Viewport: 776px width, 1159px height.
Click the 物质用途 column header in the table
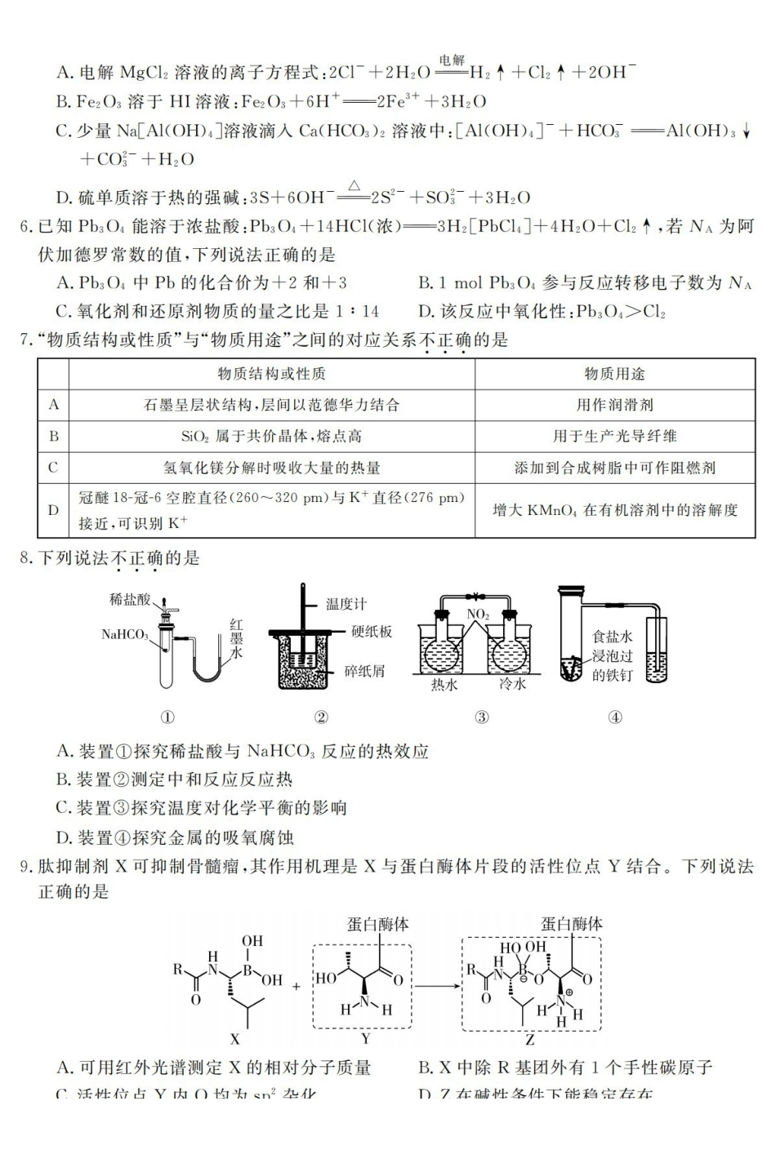tap(614, 374)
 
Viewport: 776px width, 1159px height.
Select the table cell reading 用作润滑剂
tap(614, 405)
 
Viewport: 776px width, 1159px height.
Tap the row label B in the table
tap(54, 436)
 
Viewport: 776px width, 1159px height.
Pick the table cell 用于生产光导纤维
tap(614, 436)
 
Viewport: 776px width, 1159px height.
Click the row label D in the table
tap(54, 509)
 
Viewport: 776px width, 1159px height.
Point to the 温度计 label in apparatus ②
tap(346, 604)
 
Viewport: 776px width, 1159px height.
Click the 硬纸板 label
tap(372, 631)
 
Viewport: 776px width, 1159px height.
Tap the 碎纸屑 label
tap(363, 671)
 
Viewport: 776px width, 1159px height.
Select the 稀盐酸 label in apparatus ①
tap(130, 600)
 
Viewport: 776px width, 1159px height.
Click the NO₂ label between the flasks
tap(478, 614)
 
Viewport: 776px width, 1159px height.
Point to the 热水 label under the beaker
tap(444, 686)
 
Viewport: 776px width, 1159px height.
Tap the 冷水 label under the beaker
tap(512, 686)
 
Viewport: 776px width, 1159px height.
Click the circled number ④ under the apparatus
tap(615, 717)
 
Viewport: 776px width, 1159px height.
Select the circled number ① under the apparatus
tap(167, 717)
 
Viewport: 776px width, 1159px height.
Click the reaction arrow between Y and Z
tap(436, 985)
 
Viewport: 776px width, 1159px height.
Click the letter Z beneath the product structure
tap(530, 1040)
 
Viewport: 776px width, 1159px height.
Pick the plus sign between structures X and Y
tap(296, 986)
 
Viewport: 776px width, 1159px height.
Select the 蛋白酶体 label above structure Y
tap(377, 924)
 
